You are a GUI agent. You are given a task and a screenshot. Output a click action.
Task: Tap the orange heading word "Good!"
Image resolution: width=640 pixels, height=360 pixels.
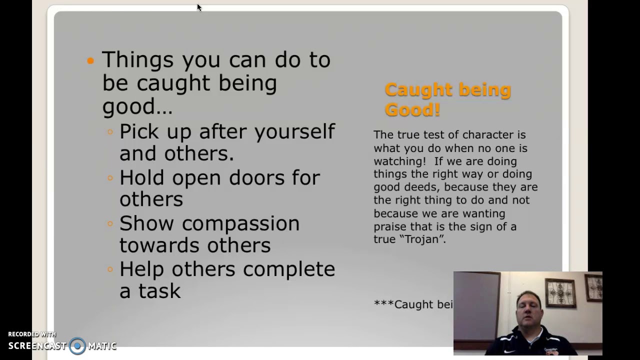tap(412, 109)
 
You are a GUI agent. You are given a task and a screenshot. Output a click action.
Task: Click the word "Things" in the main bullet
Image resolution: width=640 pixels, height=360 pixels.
tap(137, 59)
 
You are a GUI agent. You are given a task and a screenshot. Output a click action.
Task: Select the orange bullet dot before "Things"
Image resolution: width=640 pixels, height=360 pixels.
tap(90, 60)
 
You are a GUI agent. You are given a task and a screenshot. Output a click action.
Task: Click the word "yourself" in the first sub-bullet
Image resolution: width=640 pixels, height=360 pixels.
tap(294, 132)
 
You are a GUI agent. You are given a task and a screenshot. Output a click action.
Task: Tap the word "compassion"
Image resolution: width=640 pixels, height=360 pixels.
tap(240, 223)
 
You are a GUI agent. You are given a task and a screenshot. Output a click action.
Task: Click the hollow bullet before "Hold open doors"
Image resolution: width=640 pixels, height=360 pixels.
tap(110, 177)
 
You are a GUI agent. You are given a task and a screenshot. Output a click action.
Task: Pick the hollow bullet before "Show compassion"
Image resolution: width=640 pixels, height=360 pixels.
tap(110, 223)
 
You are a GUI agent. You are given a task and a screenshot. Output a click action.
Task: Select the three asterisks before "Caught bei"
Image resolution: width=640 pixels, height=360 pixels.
tap(383, 304)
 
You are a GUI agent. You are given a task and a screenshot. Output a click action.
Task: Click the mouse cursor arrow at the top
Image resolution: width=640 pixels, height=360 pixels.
tap(198, 6)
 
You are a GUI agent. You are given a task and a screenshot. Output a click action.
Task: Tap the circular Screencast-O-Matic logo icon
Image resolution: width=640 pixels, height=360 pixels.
tap(77, 346)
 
